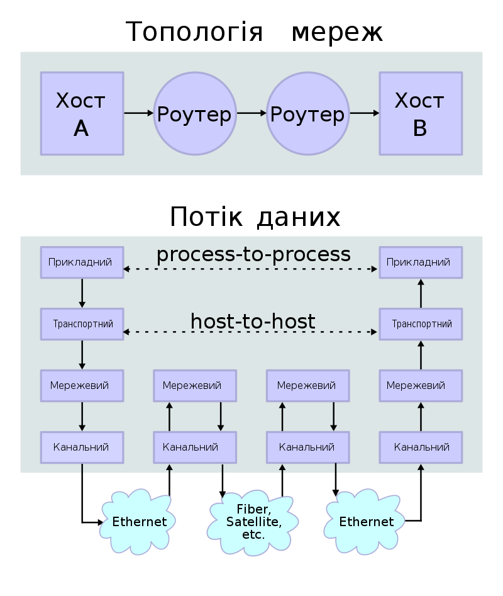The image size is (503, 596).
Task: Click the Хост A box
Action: pyautogui.click(x=82, y=113)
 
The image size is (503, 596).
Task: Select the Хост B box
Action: pyautogui.click(x=420, y=113)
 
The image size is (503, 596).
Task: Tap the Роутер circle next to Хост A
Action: pyautogui.click(x=195, y=113)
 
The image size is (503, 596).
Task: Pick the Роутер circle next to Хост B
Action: pyautogui.click(x=307, y=113)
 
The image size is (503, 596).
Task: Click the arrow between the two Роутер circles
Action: pyautogui.click(x=251, y=113)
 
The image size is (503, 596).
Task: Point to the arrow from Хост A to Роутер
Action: pyautogui.click(x=138, y=113)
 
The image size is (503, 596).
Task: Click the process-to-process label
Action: pyautogui.click(x=253, y=254)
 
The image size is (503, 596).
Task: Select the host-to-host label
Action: pyautogui.click(x=253, y=322)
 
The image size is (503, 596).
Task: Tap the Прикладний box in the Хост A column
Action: pyautogui.click(x=82, y=262)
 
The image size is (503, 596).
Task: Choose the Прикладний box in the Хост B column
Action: pyautogui.click(x=420, y=262)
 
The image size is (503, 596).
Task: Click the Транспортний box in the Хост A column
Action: pyautogui.click(x=82, y=324)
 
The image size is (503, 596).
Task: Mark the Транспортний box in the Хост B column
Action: pyautogui.click(x=420, y=324)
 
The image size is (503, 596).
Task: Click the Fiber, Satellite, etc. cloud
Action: pyautogui.click(x=253, y=521)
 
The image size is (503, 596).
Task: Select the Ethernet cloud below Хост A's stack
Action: pyautogui.click(x=139, y=521)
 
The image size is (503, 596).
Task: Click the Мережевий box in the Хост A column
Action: pyautogui.click(x=82, y=385)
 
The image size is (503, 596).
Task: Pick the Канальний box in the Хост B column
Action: pyautogui.click(x=420, y=447)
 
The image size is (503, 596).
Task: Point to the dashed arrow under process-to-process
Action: pyautogui.click(x=251, y=269)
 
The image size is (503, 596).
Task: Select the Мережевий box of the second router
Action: pyautogui.click(x=307, y=385)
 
